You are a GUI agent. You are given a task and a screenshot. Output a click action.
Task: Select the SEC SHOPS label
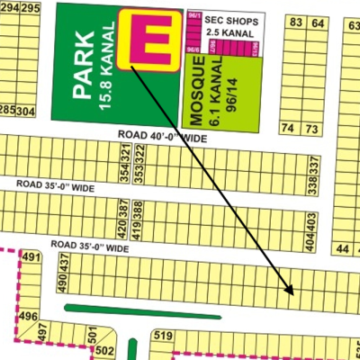coord(234,18)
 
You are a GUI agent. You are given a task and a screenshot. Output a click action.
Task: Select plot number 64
coord(317,21)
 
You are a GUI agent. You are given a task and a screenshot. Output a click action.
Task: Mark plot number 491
coord(31,258)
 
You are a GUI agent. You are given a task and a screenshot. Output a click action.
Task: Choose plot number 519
coord(163,337)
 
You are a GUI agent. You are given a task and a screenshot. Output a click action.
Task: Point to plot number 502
coord(103,349)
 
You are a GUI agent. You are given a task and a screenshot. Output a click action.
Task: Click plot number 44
coord(342,248)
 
